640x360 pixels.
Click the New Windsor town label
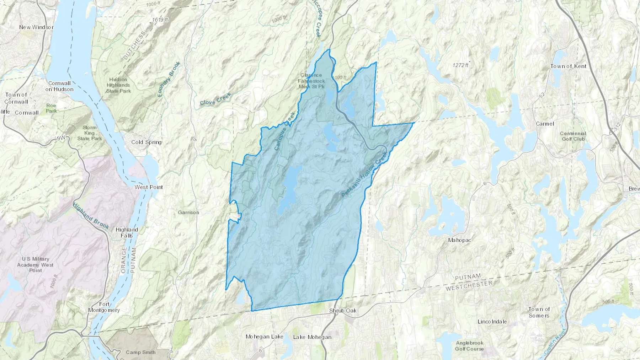36,27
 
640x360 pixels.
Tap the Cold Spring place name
146,142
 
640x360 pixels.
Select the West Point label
149,187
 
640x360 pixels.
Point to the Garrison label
188,213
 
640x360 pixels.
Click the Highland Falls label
127,232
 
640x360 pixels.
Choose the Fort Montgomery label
104,307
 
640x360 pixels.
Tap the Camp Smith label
140,352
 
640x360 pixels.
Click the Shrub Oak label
343,311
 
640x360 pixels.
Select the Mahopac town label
459,240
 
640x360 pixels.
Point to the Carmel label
545,124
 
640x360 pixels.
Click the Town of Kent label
568,66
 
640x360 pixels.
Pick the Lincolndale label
492,322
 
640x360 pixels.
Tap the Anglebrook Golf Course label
469,346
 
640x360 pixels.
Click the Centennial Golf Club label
573,136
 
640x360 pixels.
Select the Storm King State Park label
90,133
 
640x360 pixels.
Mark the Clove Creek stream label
215,99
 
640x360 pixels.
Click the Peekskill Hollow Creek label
364,174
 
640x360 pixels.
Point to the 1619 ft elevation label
160,20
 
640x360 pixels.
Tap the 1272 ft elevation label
460,65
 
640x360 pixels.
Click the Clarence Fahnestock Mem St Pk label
311,81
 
